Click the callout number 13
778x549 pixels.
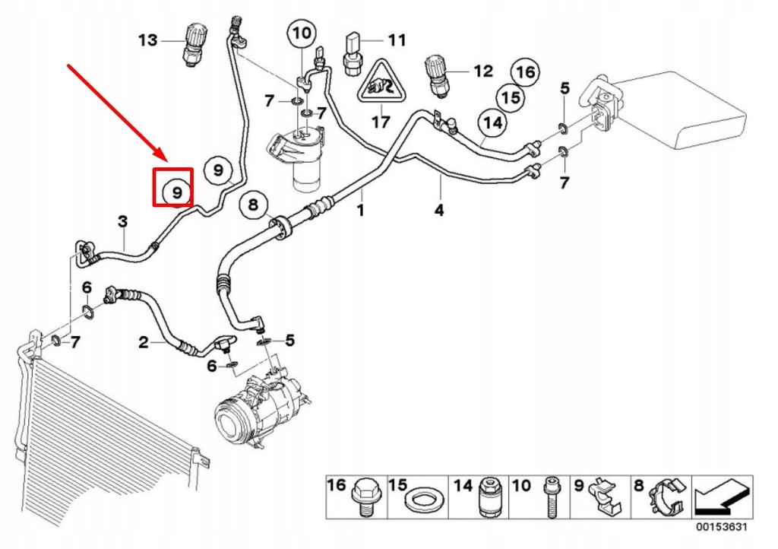click(147, 40)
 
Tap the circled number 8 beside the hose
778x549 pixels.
click(253, 205)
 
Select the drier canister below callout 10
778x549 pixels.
click(306, 160)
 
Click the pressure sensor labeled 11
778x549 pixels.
click(354, 53)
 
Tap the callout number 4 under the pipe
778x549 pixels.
click(438, 210)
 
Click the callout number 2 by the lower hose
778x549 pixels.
click(143, 342)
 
